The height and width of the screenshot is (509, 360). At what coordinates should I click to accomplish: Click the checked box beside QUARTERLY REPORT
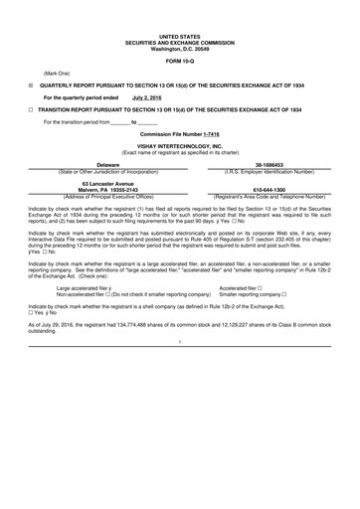coord(30,86)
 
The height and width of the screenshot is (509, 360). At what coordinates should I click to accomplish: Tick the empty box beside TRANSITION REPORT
coord(30,109)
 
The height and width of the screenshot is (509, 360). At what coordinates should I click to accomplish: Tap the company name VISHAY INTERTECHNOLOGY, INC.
coord(179,144)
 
